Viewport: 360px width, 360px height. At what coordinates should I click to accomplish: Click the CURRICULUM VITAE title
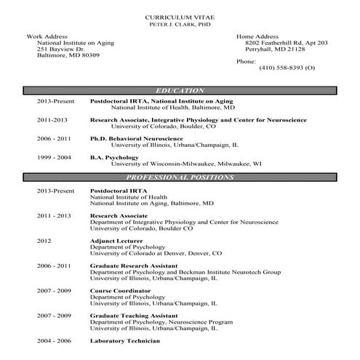(180, 16)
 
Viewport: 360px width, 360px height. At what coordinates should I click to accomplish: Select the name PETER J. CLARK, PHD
(180, 24)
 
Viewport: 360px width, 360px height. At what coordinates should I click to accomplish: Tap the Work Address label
(47, 36)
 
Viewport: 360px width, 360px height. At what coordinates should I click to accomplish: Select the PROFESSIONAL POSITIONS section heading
(180, 177)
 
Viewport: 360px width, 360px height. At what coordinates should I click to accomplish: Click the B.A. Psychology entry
(112, 157)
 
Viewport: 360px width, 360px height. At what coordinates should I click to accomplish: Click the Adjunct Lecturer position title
(116, 241)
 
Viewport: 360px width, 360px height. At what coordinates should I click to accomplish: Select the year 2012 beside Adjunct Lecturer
(45, 241)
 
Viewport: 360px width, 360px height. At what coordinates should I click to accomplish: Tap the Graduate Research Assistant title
(132, 265)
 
